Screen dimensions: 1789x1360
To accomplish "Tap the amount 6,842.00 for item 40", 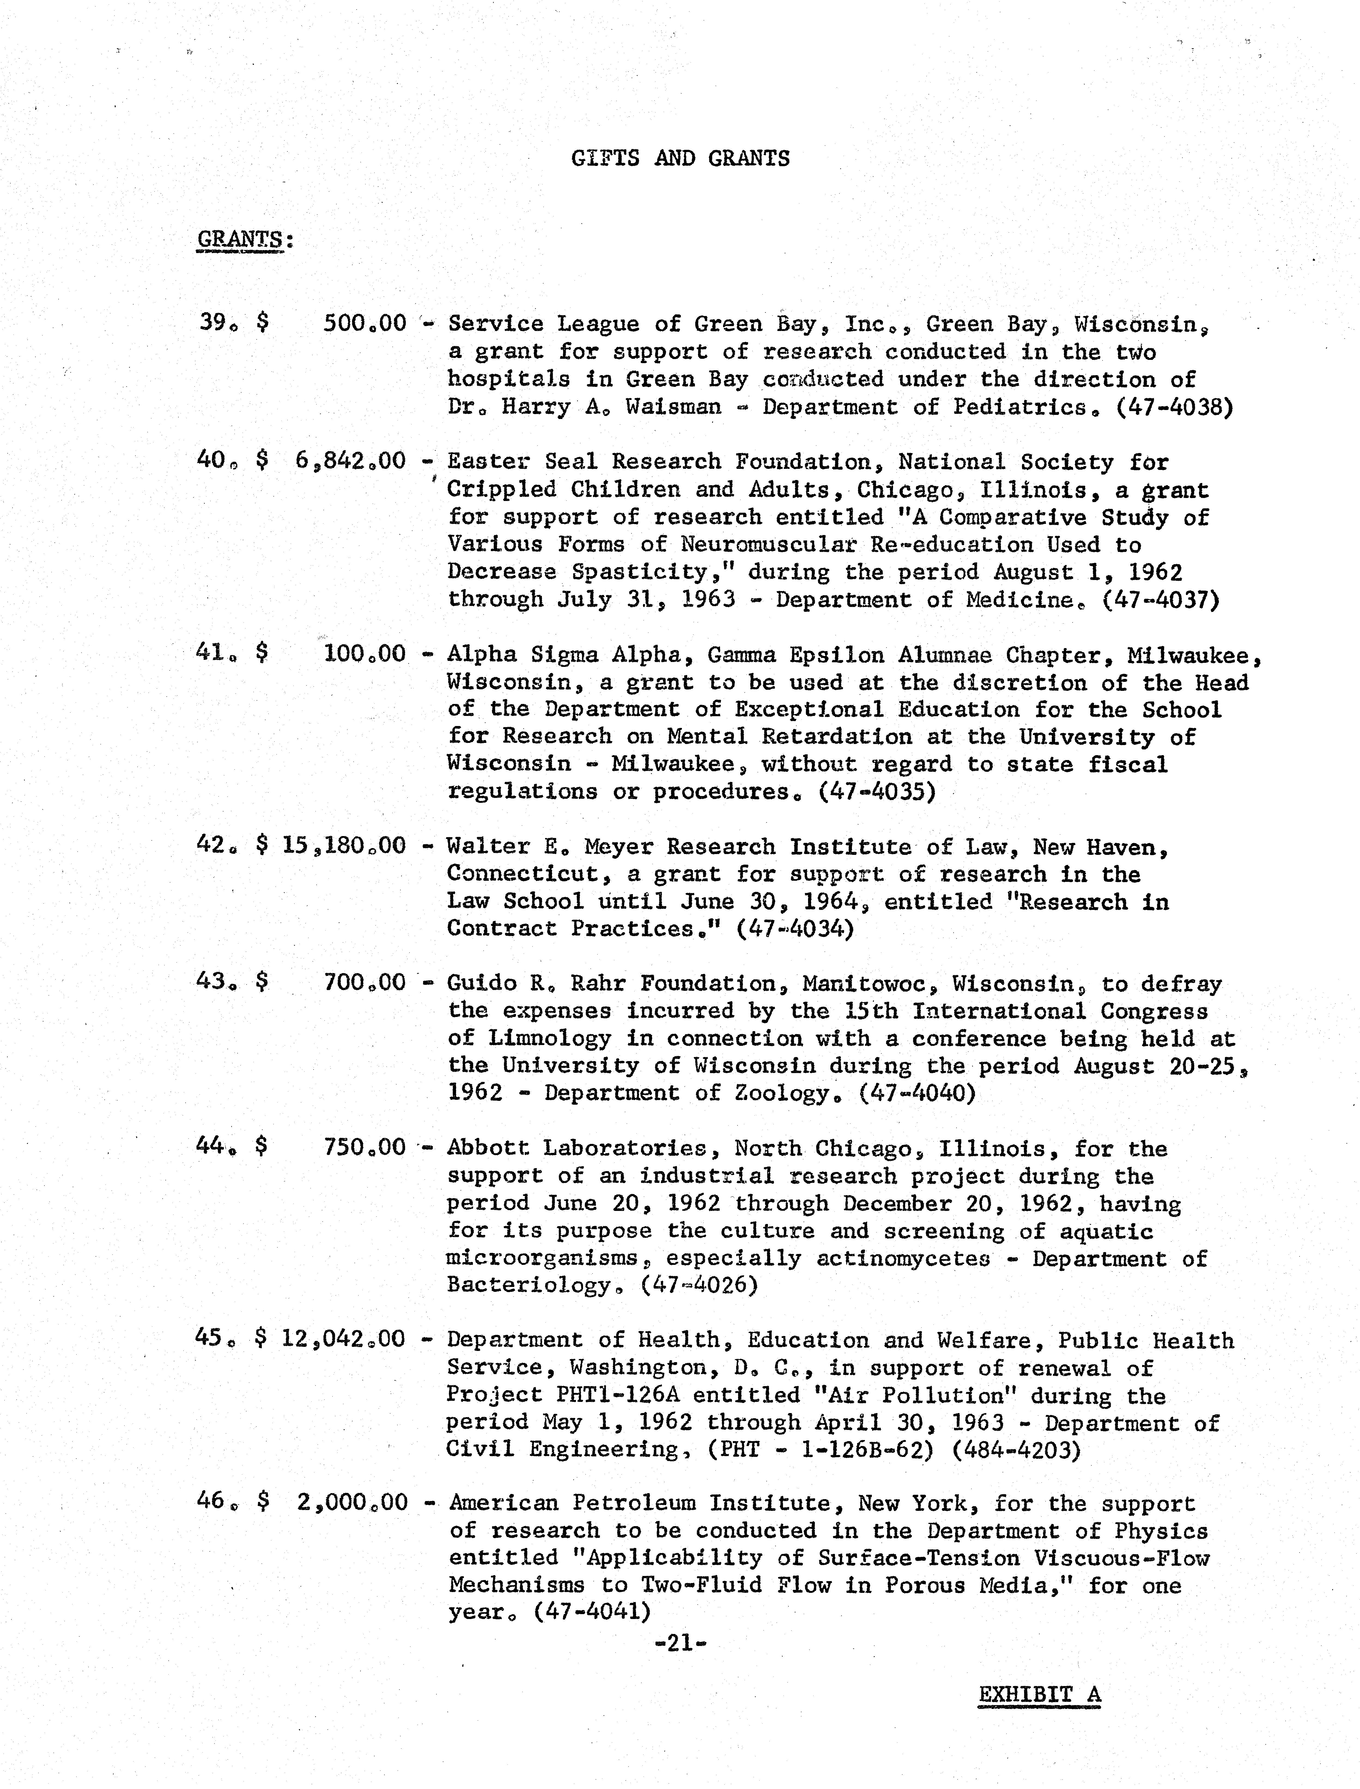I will coord(351,461).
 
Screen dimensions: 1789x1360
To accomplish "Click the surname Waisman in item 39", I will coord(673,406).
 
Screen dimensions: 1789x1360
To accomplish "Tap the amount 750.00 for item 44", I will coord(364,1147).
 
